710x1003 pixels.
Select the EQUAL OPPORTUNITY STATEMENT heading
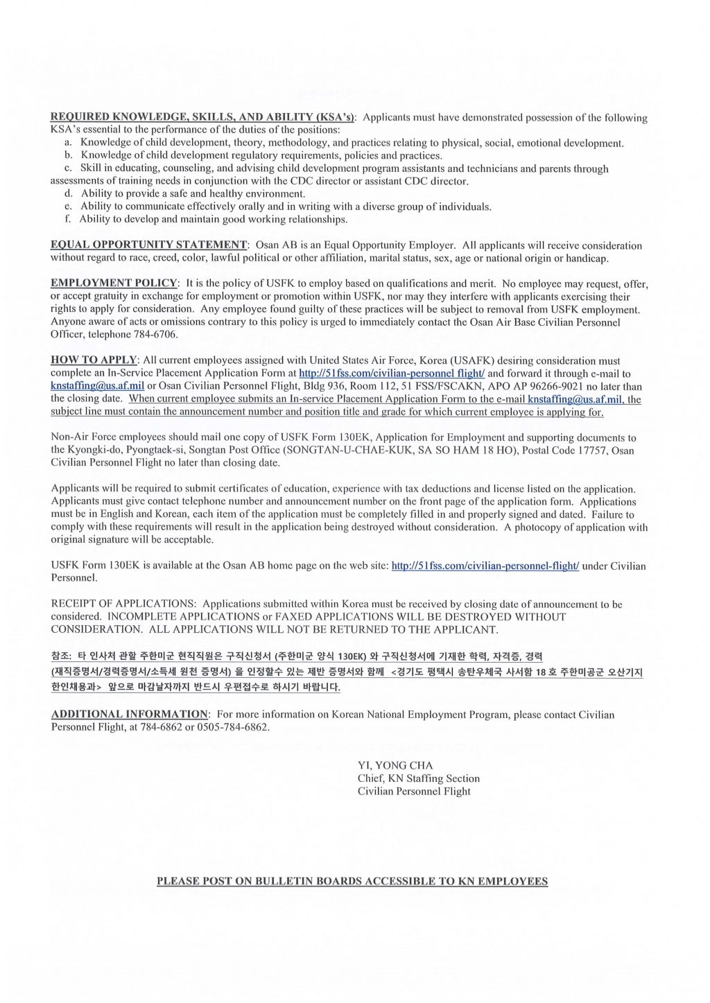(149, 245)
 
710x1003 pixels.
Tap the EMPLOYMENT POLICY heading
(114, 283)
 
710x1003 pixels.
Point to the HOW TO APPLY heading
(94, 360)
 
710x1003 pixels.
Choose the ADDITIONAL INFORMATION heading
(130, 714)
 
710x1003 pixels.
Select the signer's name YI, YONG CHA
(395, 765)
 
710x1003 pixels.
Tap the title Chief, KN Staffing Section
(418, 778)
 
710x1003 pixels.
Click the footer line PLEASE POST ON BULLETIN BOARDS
(352, 882)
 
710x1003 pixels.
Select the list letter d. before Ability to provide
(68, 193)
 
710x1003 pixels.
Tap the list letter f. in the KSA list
(67, 219)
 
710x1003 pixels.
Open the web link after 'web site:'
(485, 566)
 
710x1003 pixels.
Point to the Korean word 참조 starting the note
(60, 656)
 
